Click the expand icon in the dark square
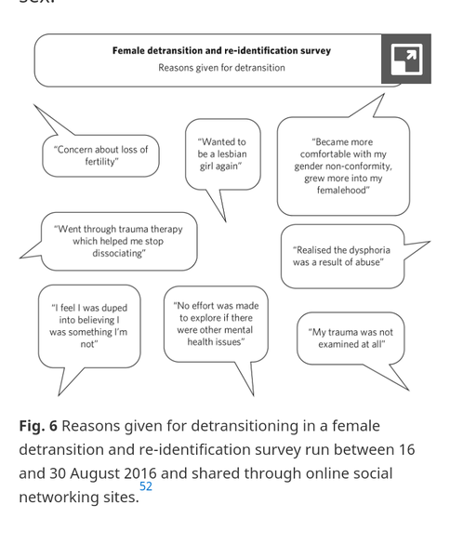(406, 60)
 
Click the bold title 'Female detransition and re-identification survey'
(221, 50)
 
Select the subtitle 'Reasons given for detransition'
(221, 68)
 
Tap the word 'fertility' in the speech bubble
(100, 162)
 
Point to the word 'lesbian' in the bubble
(232, 154)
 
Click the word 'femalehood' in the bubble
(342, 190)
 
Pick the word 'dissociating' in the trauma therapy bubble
(118, 253)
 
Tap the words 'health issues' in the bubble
(215, 342)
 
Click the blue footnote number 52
(146, 486)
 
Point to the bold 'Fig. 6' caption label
(38, 426)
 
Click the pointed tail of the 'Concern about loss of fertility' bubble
(35, 106)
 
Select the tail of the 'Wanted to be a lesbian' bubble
(225, 220)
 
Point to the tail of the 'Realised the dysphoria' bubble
(429, 242)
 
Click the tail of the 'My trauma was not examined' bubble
(407, 390)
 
